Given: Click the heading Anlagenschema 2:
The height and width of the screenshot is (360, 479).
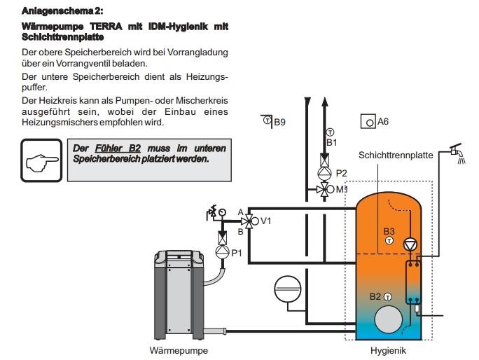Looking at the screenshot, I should click(x=62, y=12).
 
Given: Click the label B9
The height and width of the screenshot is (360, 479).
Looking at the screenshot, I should click(x=279, y=122).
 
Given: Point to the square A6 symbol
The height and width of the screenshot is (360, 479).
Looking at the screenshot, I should click(x=367, y=122).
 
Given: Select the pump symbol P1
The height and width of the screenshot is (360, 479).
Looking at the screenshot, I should click(x=221, y=251).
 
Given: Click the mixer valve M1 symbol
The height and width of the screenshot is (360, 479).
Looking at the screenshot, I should click(x=324, y=189).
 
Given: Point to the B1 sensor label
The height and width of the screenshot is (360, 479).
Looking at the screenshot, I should click(x=332, y=143).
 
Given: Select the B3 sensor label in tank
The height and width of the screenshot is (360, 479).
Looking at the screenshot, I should click(x=389, y=230).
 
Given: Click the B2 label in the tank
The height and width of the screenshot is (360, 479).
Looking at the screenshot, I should click(x=375, y=296).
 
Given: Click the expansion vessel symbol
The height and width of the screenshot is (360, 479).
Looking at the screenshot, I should click(x=287, y=287).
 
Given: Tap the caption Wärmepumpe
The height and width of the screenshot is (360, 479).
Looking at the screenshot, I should click(x=179, y=349).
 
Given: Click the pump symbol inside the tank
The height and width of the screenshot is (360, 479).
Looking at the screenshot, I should click(x=410, y=244).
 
